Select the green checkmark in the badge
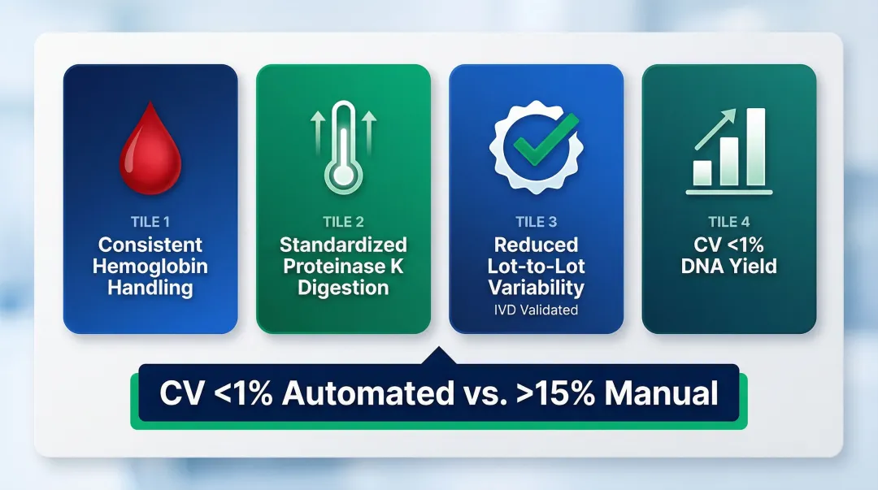pyautogui.click(x=537, y=145)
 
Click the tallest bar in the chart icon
pyautogui.click(x=755, y=147)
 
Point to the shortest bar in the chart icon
pyautogui.click(x=702, y=172)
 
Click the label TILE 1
pyautogui.click(x=150, y=222)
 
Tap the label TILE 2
pyautogui.click(x=343, y=222)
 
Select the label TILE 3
pyautogui.click(x=537, y=222)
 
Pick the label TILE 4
pyautogui.click(x=729, y=222)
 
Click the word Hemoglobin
pyautogui.click(x=150, y=266)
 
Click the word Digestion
pyautogui.click(x=343, y=287)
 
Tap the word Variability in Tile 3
pyautogui.click(x=537, y=287)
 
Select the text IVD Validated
pyautogui.click(x=537, y=309)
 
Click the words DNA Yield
pyautogui.click(x=729, y=266)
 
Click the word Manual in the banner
pyautogui.click(x=661, y=393)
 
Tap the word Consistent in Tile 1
pyautogui.click(x=150, y=245)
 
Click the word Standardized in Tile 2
pyautogui.click(x=343, y=245)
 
